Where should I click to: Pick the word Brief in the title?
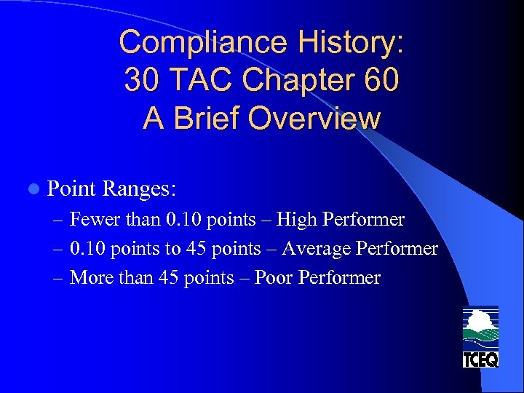(207, 118)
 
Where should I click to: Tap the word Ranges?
(139, 189)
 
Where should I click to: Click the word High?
(297, 220)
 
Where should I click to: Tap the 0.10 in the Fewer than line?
(186, 220)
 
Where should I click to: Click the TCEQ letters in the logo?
(481, 359)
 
